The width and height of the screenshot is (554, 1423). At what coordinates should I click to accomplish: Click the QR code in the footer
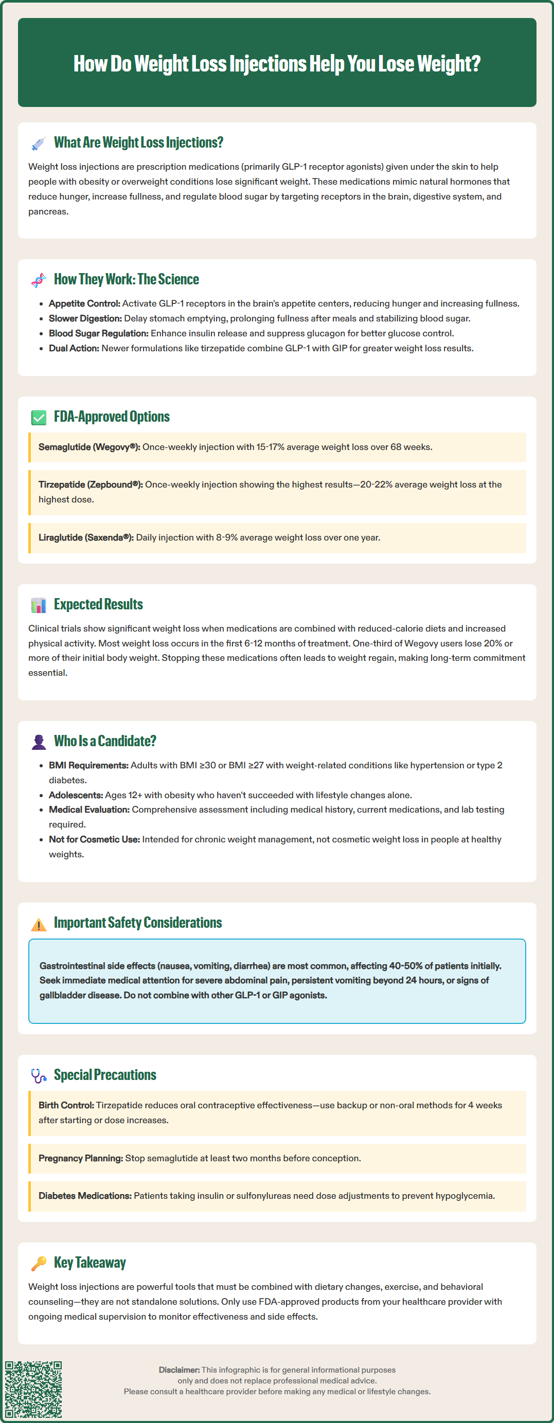33,1389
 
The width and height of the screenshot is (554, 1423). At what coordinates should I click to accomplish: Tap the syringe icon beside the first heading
39,143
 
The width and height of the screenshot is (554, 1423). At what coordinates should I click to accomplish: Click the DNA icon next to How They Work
39,280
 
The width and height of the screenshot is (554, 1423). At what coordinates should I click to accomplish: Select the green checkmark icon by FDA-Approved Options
39,418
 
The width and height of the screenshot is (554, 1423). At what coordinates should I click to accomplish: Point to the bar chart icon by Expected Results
39,605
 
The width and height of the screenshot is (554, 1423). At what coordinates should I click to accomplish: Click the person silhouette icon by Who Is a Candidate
39,742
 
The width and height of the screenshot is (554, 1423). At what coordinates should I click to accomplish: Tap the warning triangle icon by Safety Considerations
39,924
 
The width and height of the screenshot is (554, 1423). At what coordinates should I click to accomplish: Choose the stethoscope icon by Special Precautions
39,1076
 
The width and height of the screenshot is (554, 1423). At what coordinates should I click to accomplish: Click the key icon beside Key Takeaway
39,1264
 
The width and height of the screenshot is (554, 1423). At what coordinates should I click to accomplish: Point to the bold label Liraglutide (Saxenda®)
85,537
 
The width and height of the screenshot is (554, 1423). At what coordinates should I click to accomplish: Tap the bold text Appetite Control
84,303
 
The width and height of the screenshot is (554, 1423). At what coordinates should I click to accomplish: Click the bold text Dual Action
74,348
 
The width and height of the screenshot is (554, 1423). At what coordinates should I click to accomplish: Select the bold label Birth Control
66,1105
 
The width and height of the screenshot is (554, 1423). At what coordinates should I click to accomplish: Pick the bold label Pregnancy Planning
81,1158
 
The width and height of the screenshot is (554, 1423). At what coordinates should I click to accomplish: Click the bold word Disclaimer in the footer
179,1370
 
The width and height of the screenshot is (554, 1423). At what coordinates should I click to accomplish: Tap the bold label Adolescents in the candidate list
76,795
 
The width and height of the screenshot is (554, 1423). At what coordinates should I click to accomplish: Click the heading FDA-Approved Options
112,417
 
